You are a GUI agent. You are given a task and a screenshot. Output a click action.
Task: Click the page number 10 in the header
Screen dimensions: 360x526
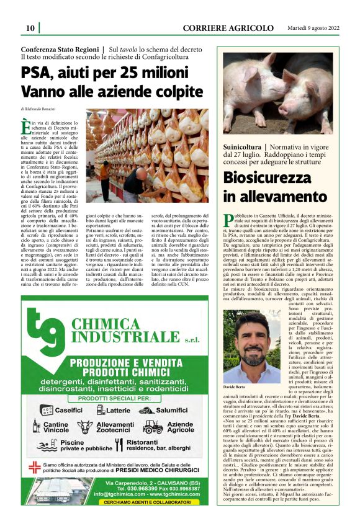click(x=29, y=29)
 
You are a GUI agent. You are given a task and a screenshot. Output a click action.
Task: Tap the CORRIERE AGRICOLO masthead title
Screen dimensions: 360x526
click(x=228, y=29)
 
